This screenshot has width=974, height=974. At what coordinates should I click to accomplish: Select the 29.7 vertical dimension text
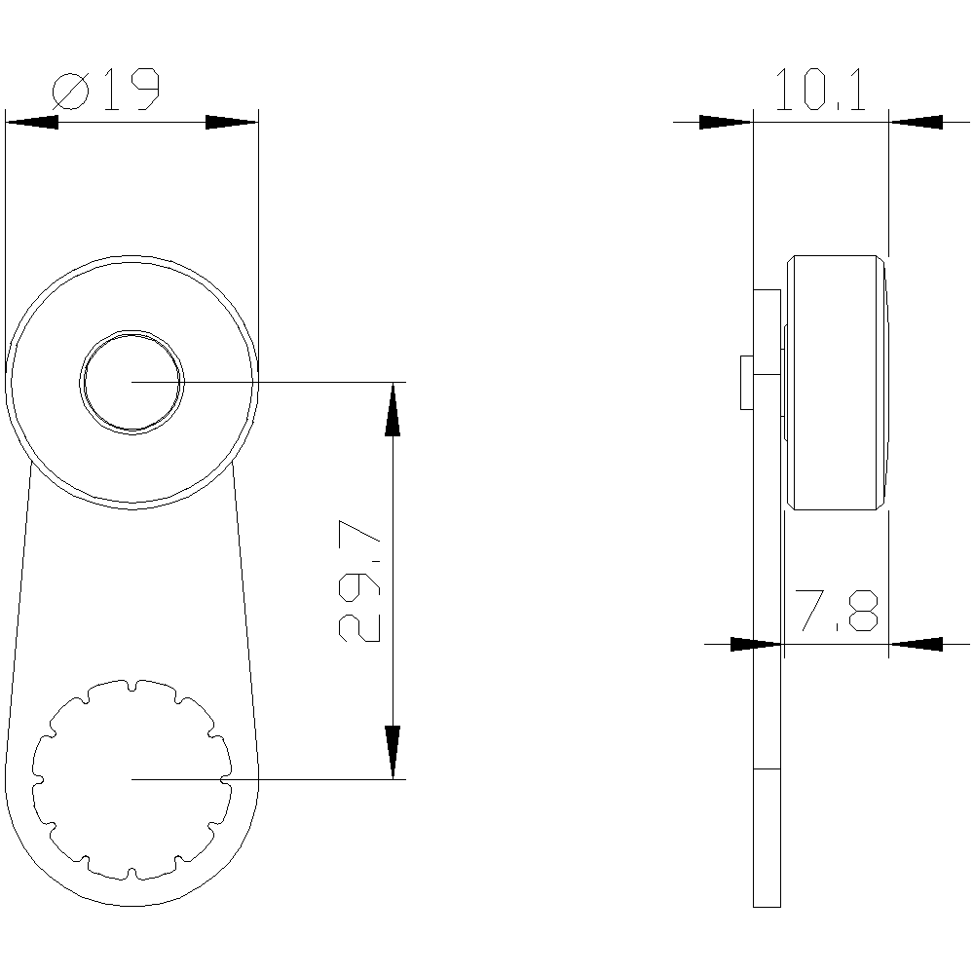(x=359, y=581)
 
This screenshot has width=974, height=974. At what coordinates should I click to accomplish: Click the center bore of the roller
(x=132, y=381)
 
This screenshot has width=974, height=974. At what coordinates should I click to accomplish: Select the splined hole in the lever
(x=132, y=778)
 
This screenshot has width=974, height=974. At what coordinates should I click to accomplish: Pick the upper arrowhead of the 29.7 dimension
(x=393, y=409)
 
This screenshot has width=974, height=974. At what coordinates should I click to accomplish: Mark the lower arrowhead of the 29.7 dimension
(x=393, y=752)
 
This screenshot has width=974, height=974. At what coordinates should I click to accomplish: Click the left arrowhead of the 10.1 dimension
(x=727, y=123)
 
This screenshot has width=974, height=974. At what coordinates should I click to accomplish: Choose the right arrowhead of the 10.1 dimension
(x=916, y=123)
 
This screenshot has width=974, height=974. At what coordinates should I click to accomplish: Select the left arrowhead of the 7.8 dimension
(x=756, y=644)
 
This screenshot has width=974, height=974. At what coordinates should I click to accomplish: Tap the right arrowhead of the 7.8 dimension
(x=916, y=644)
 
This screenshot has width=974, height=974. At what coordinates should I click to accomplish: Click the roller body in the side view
(x=838, y=382)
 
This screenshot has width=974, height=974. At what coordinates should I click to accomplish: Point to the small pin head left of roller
(x=746, y=382)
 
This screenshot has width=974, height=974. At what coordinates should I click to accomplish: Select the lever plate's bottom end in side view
(x=768, y=904)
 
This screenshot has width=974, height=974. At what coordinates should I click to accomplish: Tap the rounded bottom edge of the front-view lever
(x=131, y=905)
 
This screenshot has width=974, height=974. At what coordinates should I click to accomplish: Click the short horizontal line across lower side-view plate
(x=768, y=769)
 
